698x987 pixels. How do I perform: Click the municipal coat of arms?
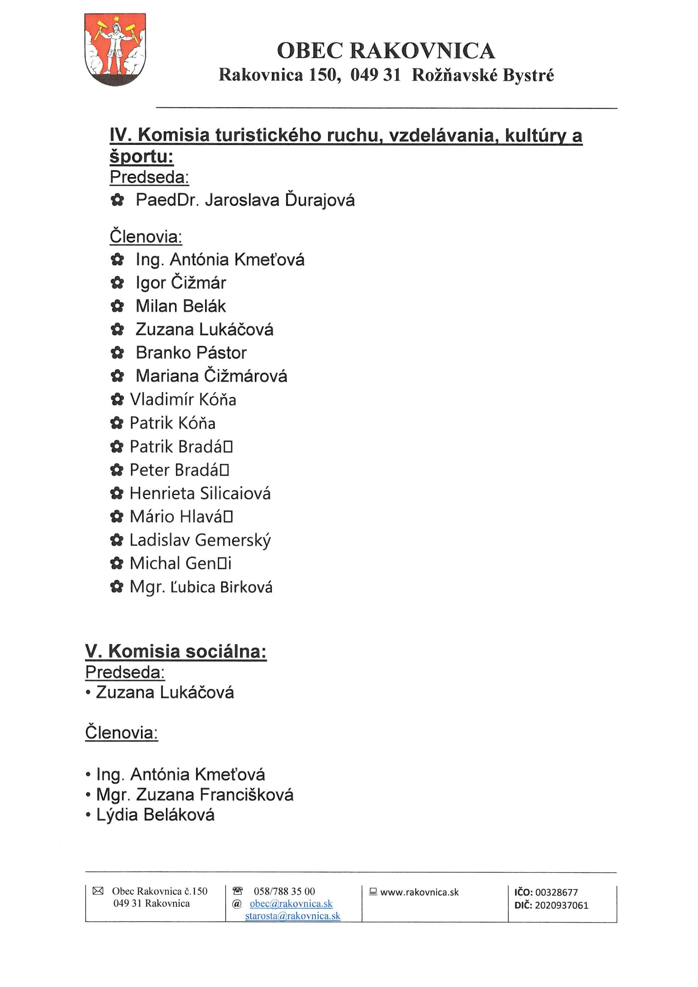(115, 49)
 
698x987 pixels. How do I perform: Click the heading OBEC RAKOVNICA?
(386, 51)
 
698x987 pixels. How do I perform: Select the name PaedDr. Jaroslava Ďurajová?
(245, 200)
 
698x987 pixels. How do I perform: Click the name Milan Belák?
(180, 306)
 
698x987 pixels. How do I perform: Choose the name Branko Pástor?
(191, 353)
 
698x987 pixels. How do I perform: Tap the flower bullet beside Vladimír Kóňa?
(117, 400)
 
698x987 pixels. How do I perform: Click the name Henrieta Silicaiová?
(200, 493)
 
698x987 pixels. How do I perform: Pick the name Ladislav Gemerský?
(200, 541)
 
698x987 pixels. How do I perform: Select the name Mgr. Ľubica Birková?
(201, 587)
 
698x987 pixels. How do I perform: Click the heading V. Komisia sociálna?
(176, 652)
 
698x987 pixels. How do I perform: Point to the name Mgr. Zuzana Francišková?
(195, 795)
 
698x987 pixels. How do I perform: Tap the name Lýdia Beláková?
(155, 815)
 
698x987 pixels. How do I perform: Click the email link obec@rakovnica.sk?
(291, 904)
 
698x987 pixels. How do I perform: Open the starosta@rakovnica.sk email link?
(292, 916)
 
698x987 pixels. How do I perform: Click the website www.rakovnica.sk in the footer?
(419, 893)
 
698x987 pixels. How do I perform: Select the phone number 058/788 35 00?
(284, 891)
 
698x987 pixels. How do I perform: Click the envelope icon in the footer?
(98, 891)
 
